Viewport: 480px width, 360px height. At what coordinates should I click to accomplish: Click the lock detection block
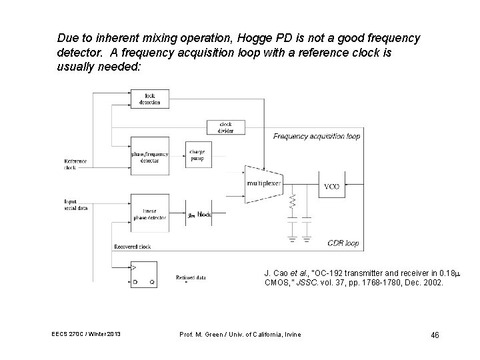[x=150, y=99]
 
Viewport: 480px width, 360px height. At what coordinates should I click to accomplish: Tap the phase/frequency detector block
[x=150, y=157]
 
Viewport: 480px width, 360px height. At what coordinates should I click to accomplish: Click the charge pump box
[x=197, y=156]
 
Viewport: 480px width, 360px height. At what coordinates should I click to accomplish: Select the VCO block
[x=331, y=186]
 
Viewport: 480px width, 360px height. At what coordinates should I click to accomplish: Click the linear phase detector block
[x=150, y=213]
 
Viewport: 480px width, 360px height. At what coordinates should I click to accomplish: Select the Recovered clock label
[x=133, y=247]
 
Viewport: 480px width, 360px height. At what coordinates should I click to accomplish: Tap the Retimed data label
[x=191, y=277]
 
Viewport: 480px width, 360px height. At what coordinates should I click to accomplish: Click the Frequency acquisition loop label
[x=316, y=136]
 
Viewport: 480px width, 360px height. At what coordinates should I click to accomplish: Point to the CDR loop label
[x=343, y=243]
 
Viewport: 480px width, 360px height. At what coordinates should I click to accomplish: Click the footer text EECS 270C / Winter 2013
[x=85, y=333]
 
